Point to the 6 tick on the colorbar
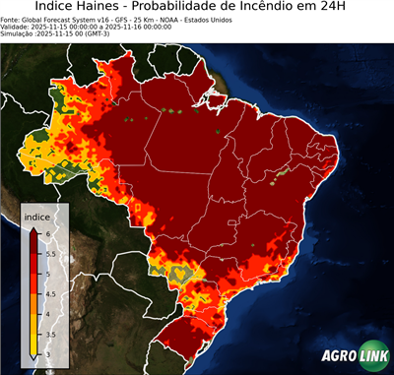point(47,233)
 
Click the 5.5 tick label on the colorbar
point(51,253)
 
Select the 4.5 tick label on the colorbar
point(51,294)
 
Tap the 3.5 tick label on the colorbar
point(51,335)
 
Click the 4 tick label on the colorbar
point(47,314)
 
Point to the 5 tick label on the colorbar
point(47,274)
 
